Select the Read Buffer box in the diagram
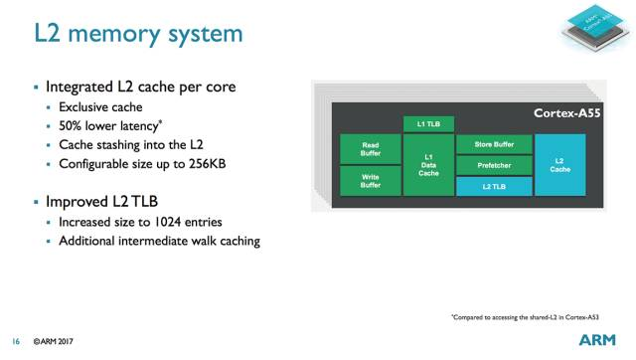pyautogui.click(x=370, y=150)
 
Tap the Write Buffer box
pyautogui.click(x=370, y=180)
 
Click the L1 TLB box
pyautogui.click(x=428, y=123)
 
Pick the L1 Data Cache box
pyautogui.click(x=428, y=164)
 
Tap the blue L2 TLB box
pyautogui.click(x=492, y=185)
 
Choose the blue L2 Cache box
pyautogui.click(x=559, y=164)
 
